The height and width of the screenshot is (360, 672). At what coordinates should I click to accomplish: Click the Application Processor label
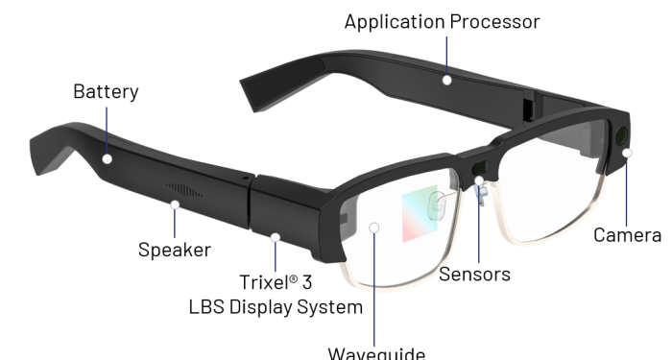[x=442, y=20]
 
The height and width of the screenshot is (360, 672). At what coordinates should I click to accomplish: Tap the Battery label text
[x=106, y=92]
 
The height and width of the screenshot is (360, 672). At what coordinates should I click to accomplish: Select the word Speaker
[x=175, y=250]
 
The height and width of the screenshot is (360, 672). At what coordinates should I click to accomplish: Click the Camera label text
[x=626, y=235]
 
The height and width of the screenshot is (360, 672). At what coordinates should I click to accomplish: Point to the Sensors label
[x=474, y=274]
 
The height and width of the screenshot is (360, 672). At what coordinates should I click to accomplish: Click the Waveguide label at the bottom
[x=375, y=352]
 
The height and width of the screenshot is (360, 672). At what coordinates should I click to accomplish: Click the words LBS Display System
[x=275, y=307]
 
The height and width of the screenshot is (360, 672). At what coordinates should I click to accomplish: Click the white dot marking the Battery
[x=108, y=158]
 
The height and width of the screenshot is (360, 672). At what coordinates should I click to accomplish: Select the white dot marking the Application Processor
[x=447, y=79]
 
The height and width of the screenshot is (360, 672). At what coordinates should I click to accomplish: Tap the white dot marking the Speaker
[x=176, y=203]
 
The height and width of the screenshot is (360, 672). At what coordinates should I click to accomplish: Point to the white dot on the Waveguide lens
[x=375, y=228]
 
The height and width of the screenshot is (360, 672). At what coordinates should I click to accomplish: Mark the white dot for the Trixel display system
[x=276, y=236]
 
